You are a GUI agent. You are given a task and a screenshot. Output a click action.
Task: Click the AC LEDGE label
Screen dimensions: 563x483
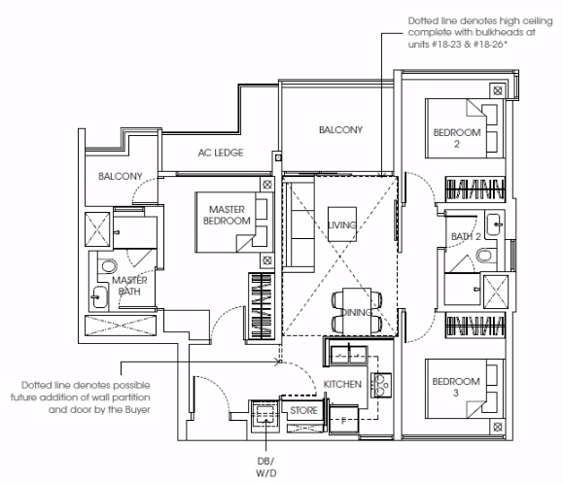[221, 153]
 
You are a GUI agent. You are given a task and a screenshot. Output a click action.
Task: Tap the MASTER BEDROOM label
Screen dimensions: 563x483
[227, 215]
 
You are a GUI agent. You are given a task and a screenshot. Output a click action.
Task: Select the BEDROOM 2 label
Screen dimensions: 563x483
[457, 138]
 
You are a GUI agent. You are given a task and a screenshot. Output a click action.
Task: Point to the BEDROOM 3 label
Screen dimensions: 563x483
[456, 387]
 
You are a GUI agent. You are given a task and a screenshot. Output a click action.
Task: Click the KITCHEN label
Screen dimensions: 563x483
[342, 384]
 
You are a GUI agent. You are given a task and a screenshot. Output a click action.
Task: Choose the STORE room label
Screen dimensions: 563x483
[303, 410]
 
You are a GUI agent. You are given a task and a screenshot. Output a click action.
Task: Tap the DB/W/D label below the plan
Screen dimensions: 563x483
[266, 467]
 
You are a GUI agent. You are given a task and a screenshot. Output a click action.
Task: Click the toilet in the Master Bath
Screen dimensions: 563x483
[109, 266]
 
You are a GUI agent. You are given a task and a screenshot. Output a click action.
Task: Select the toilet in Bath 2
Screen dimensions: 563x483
[485, 256]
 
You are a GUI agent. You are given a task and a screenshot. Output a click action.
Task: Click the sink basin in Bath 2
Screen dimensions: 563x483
[495, 224]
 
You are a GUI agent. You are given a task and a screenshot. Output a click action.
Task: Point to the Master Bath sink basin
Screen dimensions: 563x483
[99, 297]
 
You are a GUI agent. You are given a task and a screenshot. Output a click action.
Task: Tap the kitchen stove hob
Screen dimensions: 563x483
[381, 386]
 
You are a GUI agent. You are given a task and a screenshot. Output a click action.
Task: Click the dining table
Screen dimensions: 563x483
[357, 311]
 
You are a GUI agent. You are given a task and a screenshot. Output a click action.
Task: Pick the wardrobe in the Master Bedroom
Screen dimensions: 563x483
[262, 306]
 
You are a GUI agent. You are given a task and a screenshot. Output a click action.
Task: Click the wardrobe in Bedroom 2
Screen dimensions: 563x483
[475, 189]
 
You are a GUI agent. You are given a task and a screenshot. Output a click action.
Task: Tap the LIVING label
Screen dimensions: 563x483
[342, 225]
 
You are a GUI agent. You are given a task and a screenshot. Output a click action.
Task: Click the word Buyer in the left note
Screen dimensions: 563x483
[137, 409]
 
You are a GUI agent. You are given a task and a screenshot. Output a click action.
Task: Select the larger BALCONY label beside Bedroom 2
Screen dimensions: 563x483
[340, 129]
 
